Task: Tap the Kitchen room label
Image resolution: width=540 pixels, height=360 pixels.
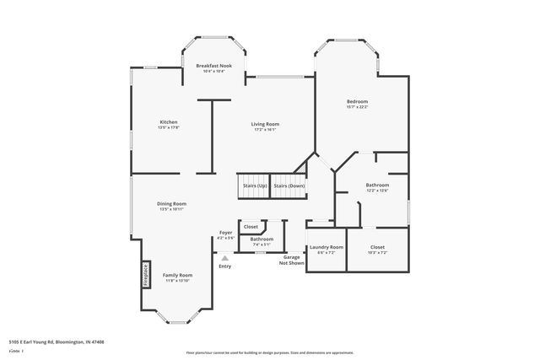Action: point(169,122)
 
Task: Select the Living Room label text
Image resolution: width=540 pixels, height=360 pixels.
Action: point(265,124)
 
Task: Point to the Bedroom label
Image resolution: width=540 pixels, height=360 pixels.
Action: point(357,101)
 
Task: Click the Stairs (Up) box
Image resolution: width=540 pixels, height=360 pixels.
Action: point(254,185)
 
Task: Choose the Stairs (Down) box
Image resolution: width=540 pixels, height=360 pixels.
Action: point(289,185)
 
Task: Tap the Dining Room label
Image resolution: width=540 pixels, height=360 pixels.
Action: point(171,203)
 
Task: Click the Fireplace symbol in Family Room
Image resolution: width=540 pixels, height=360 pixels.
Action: point(145,275)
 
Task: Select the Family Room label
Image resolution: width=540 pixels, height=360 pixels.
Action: point(177,275)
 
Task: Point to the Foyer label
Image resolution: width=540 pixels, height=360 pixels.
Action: point(225,232)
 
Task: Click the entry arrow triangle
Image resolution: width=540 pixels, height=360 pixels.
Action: point(224,258)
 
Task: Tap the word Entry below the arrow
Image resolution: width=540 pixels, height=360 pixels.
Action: point(224,266)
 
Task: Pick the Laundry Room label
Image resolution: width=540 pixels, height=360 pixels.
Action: point(326,248)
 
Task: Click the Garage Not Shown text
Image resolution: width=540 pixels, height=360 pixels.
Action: point(292,260)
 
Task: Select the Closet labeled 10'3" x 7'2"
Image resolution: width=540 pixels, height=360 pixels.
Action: point(377,248)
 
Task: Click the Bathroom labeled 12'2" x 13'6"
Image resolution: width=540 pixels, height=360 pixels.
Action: point(377,185)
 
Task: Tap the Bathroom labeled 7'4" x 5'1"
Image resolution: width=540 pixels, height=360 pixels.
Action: point(262,239)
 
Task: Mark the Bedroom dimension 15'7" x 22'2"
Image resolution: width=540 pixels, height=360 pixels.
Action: point(357,106)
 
